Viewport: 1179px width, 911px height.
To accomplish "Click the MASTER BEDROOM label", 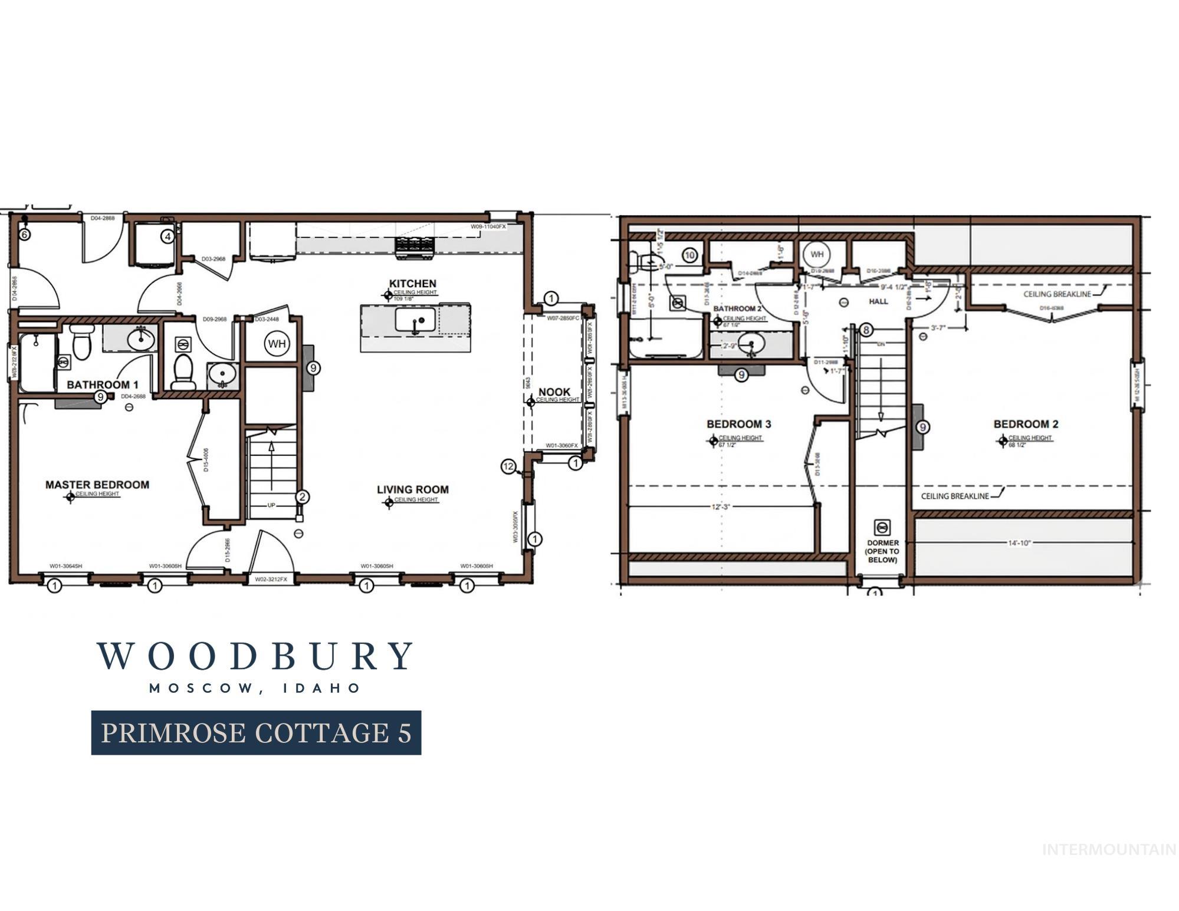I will [x=97, y=485].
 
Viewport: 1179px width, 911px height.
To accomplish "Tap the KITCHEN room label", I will [x=412, y=284].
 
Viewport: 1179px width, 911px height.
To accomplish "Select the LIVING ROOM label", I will [x=412, y=489].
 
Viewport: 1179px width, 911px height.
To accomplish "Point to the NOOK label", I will [x=554, y=392].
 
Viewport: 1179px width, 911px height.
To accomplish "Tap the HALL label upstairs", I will [x=878, y=301].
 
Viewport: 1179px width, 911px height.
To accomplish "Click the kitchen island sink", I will [x=415, y=320].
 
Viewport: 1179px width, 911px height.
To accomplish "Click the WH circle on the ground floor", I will [x=277, y=343].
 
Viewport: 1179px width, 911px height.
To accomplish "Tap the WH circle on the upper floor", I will [x=817, y=255].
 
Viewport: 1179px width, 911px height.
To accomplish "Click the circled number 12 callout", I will [x=508, y=466].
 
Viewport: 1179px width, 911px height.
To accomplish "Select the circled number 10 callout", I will [x=690, y=255].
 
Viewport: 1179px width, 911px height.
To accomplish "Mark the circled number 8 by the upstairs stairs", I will [x=866, y=330].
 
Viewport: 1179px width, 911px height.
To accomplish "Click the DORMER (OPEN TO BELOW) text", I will [x=882, y=551].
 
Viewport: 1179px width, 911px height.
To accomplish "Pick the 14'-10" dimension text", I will [x=1019, y=543].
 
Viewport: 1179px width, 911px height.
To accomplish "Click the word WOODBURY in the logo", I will [x=255, y=656].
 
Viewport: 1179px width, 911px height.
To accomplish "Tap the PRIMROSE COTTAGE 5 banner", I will [x=256, y=732].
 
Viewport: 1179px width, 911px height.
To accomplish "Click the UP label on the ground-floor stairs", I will [x=271, y=505].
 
